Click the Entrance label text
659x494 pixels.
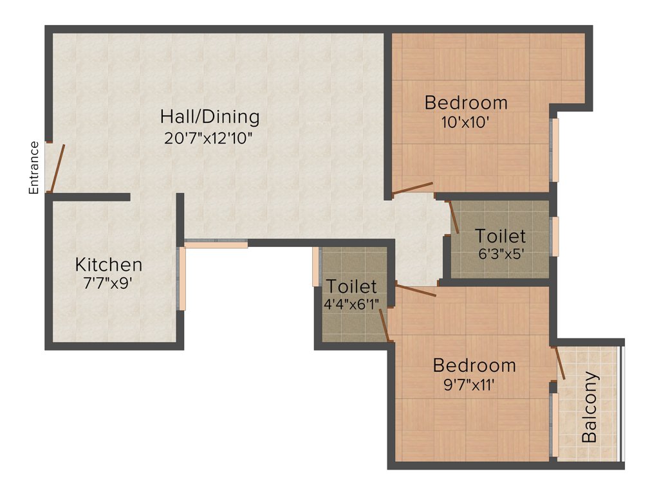(x=34, y=167)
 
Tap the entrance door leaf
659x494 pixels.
(x=58, y=168)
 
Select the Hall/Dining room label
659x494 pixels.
(x=210, y=117)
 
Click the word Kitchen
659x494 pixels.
(x=109, y=264)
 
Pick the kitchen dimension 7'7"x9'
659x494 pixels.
(x=108, y=283)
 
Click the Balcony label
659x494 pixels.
(x=589, y=407)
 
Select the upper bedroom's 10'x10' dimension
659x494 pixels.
(x=467, y=122)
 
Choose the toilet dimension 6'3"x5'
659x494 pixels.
(x=501, y=253)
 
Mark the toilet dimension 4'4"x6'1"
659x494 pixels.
(x=351, y=303)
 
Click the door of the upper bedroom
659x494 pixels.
(x=413, y=188)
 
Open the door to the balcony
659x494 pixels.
(x=559, y=363)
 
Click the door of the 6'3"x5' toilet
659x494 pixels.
(x=453, y=217)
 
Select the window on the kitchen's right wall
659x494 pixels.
(x=182, y=279)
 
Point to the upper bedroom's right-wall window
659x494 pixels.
(x=555, y=150)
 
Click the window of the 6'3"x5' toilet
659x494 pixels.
(x=555, y=236)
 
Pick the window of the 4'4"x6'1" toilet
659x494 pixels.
(x=316, y=266)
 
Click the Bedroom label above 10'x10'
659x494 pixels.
(x=467, y=102)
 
